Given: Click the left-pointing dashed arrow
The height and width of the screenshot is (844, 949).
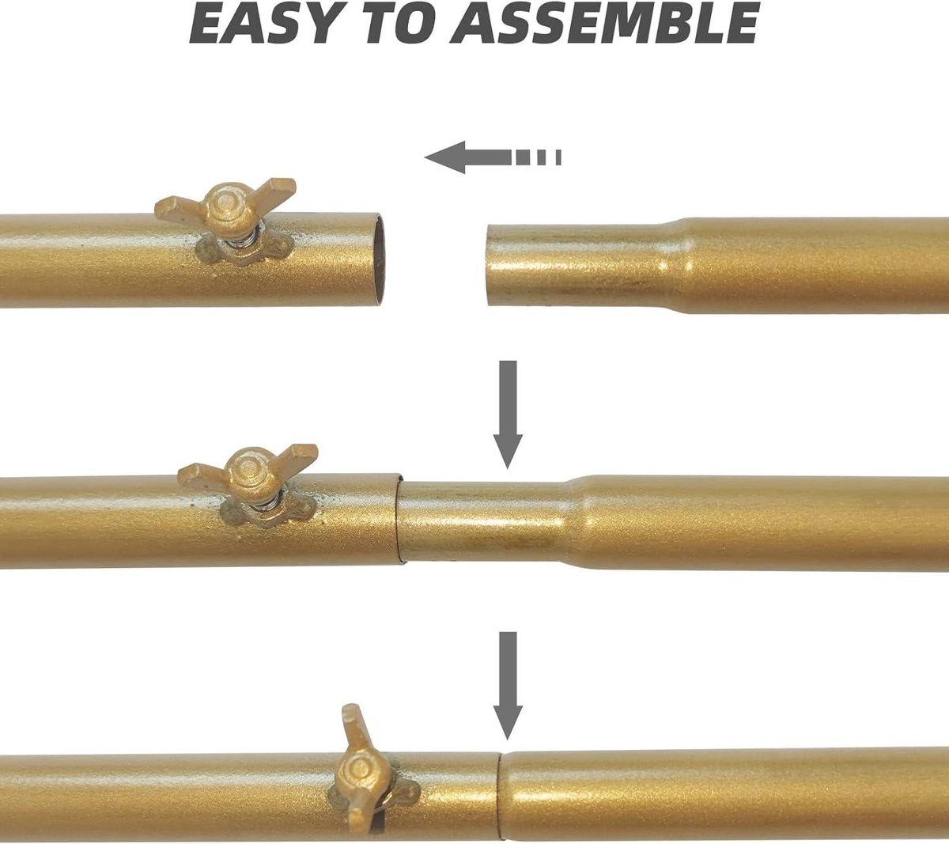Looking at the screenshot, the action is click(x=493, y=157).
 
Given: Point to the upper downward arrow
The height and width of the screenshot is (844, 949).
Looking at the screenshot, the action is click(x=508, y=414).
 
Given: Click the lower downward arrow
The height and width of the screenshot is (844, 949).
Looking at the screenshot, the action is click(x=508, y=687).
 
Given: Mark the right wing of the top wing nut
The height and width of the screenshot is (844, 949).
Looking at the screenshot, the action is click(x=273, y=191).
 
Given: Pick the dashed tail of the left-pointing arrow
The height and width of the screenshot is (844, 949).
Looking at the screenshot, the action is click(x=539, y=157).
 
